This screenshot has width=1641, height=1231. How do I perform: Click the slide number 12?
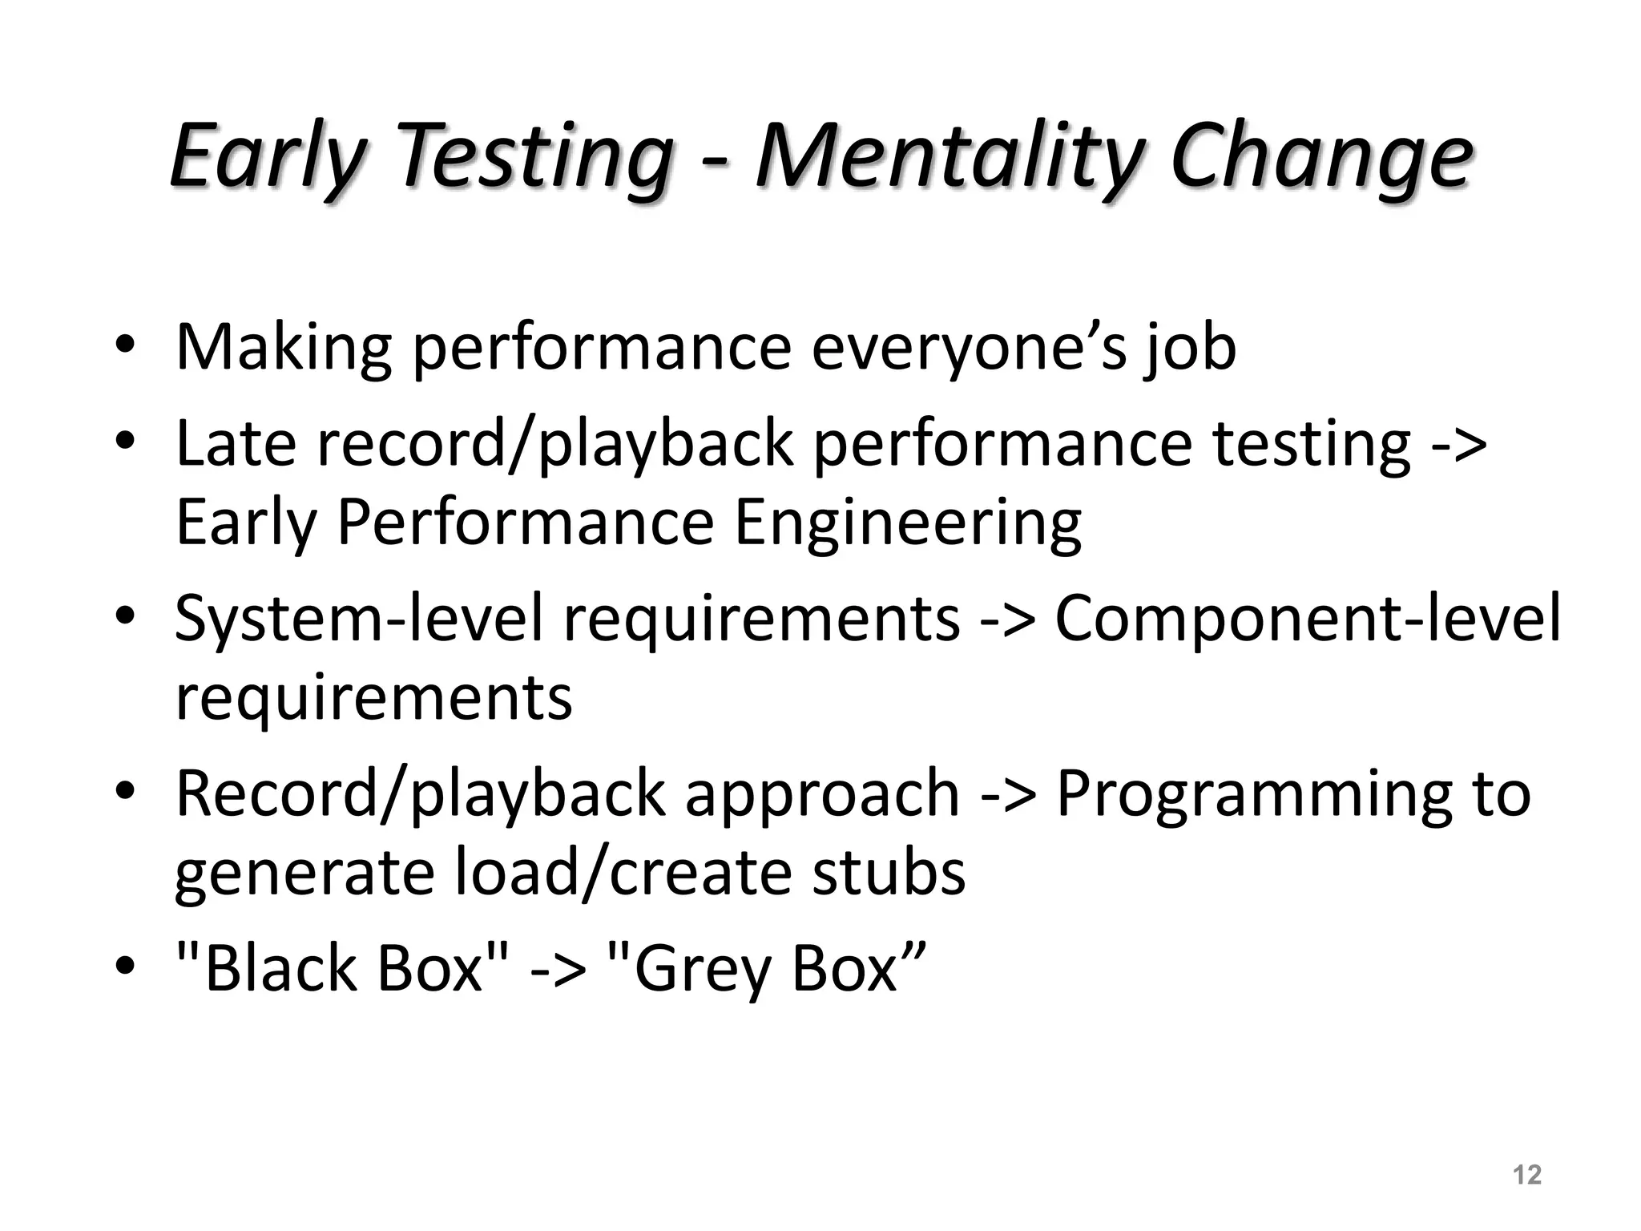pyautogui.click(x=1526, y=1175)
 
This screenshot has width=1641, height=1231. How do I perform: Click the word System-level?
pyautogui.click(x=360, y=617)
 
